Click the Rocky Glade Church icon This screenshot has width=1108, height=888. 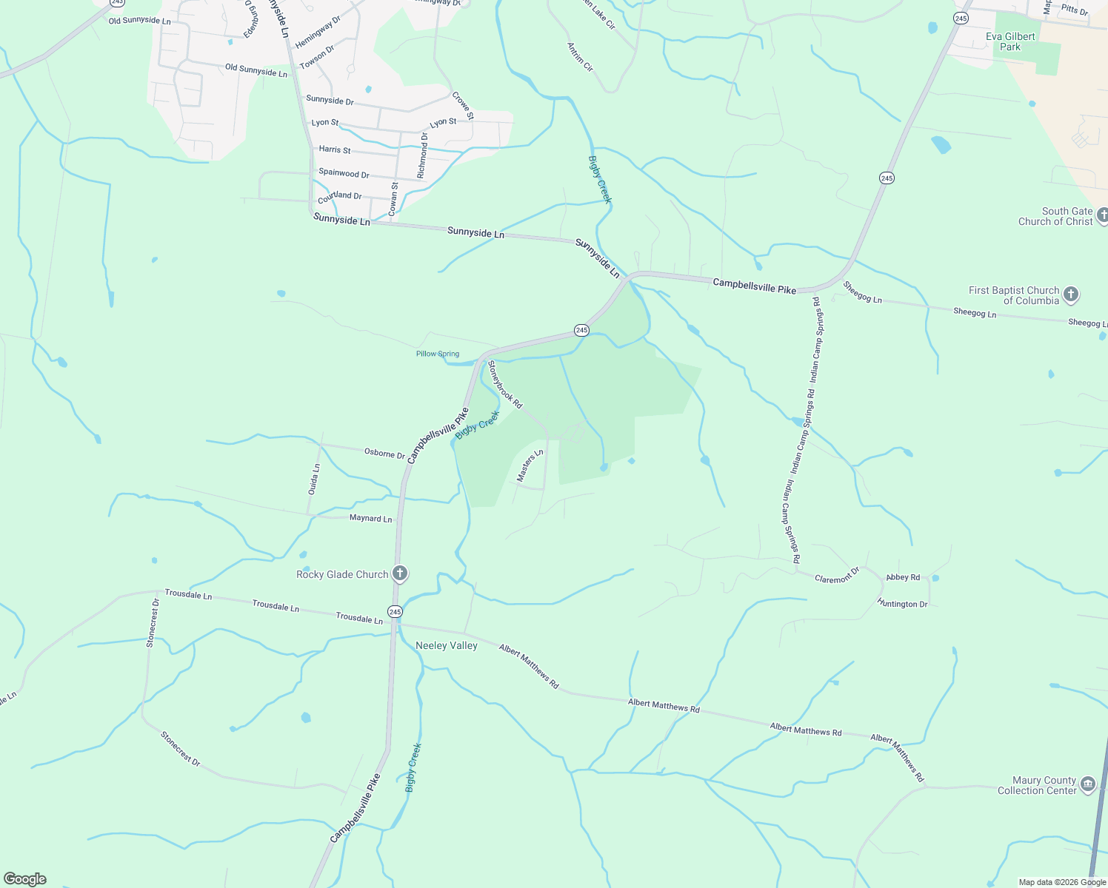tap(399, 573)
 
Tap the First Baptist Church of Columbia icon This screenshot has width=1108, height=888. tap(1070, 295)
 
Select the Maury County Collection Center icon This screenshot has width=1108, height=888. tap(1087, 784)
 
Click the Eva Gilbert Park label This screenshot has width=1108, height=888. tap(1010, 41)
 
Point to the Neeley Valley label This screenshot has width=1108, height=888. tap(447, 645)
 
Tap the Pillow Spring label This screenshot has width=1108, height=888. tap(437, 354)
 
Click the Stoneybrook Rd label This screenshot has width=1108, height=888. tap(505, 385)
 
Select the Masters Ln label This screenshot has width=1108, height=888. tap(530, 465)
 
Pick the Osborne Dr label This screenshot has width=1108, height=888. tap(384, 453)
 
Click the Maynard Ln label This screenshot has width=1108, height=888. tap(370, 519)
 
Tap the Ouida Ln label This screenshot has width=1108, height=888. tap(315, 479)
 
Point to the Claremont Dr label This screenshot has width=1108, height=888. tap(837, 575)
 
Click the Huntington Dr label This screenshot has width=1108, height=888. tap(902, 603)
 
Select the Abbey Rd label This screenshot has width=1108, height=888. tap(903, 577)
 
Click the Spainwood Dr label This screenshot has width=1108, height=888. tap(344, 173)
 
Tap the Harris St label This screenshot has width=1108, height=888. tap(335, 149)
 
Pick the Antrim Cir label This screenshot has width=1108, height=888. tap(580, 57)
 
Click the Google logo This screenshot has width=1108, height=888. tap(25, 879)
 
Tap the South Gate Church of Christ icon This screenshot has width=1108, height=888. tap(1102, 215)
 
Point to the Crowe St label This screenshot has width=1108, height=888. tap(462, 106)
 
